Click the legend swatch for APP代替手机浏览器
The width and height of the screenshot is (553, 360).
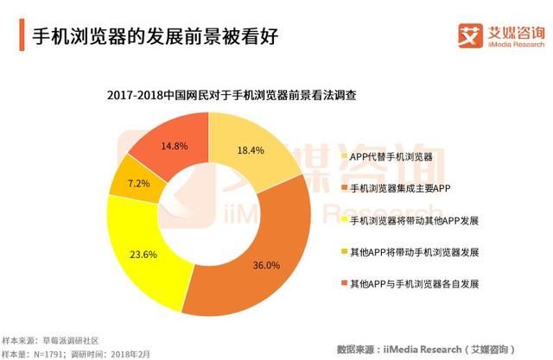pyautogui.click(x=341, y=156)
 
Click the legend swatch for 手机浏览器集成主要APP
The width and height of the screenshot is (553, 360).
pyautogui.click(x=341, y=188)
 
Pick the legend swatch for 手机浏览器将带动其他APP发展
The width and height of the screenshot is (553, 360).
pyautogui.click(x=341, y=220)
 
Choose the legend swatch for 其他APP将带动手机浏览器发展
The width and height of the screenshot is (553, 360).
pyautogui.click(x=341, y=252)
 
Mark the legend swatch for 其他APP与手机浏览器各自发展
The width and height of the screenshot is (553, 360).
pyautogui.click(x=341, y=284)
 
